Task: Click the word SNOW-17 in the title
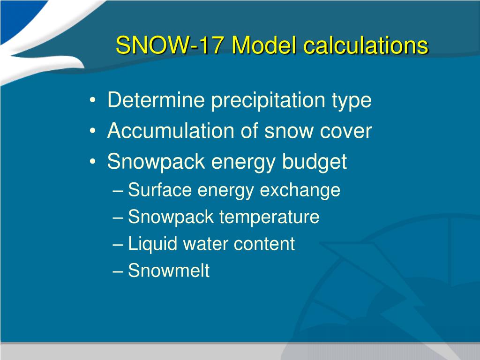pos(169,45)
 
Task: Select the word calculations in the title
pos(366,45)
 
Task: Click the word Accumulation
pos(170,131)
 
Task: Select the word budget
pos(315,162)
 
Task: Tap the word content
pos(264,244)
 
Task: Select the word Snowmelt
pos(169,270)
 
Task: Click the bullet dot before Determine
pos(93,100)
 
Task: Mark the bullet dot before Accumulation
pos(93,131)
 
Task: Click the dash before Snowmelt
pos(118,271)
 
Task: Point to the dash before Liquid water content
pos(118,245)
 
